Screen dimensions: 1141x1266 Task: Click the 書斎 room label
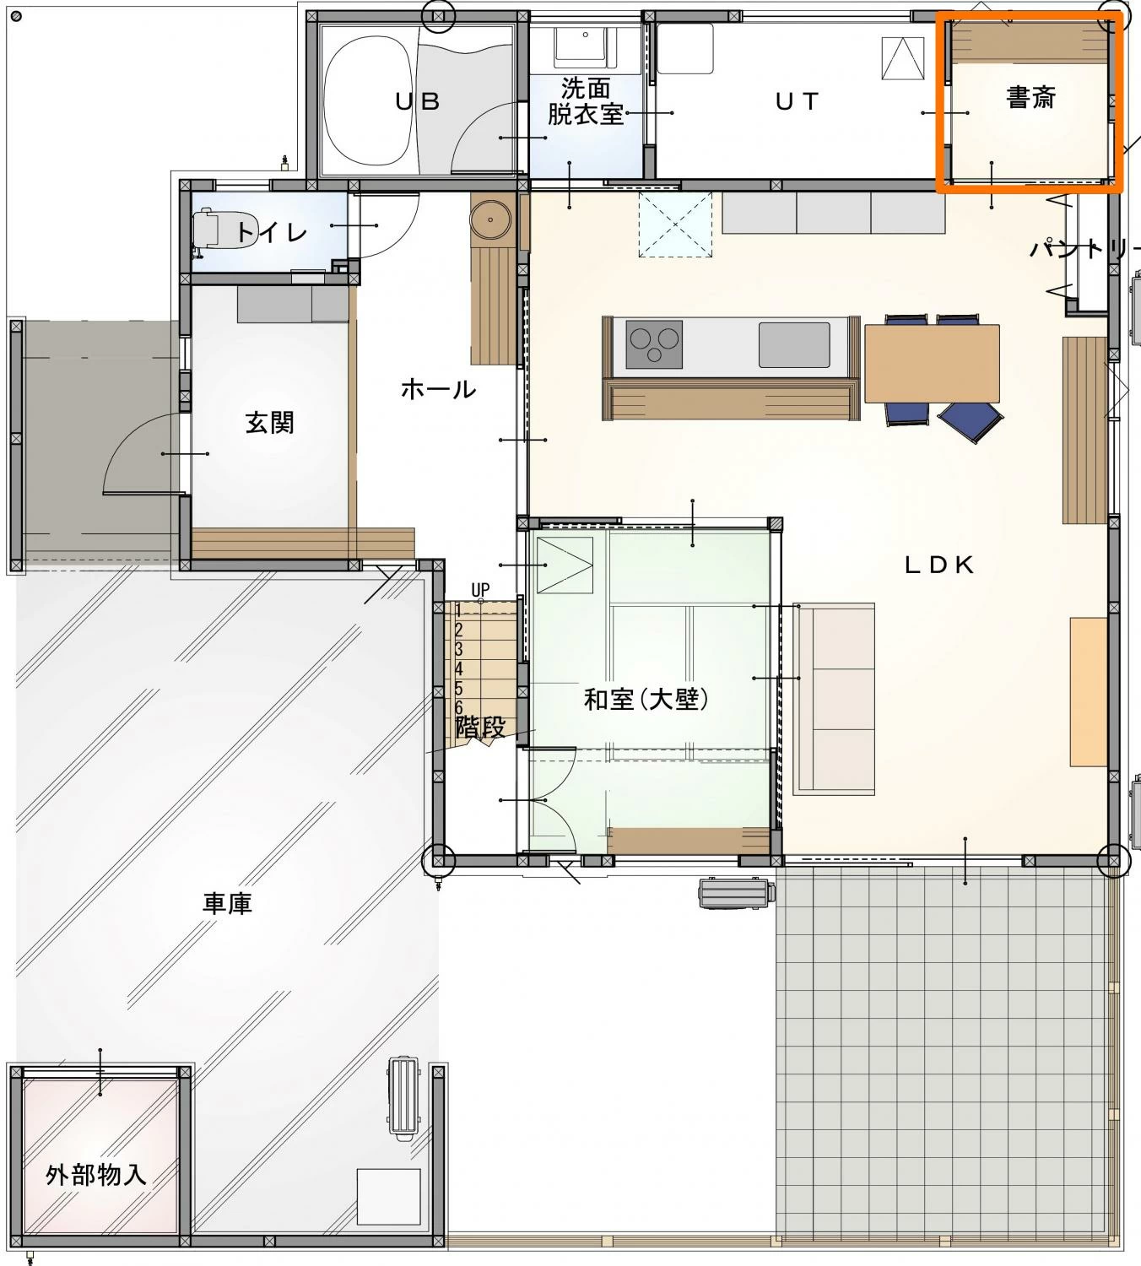[1030, 98]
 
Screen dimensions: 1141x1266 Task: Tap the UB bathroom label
[417, 101]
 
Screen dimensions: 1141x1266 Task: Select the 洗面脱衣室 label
[585, 101]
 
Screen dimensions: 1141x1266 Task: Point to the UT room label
[797, 101]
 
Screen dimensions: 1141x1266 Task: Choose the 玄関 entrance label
[269, 422]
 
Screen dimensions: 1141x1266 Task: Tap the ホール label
[439, 389]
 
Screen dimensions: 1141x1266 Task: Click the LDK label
[939, 565]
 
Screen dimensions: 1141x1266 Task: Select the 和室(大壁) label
[646, 700]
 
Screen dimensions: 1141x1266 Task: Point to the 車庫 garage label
[227, 903]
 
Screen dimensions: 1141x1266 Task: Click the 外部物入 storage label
[96, 1175]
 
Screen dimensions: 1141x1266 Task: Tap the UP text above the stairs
[480, 590]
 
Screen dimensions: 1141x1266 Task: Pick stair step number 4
[459, 668]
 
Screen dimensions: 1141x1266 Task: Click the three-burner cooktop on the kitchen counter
[654, 344]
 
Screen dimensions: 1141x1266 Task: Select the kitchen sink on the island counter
[794, 344]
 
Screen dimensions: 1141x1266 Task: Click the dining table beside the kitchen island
[932, 363]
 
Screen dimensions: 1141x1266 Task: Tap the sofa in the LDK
[834, 698]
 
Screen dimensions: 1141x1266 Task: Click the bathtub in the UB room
[369, 101]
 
